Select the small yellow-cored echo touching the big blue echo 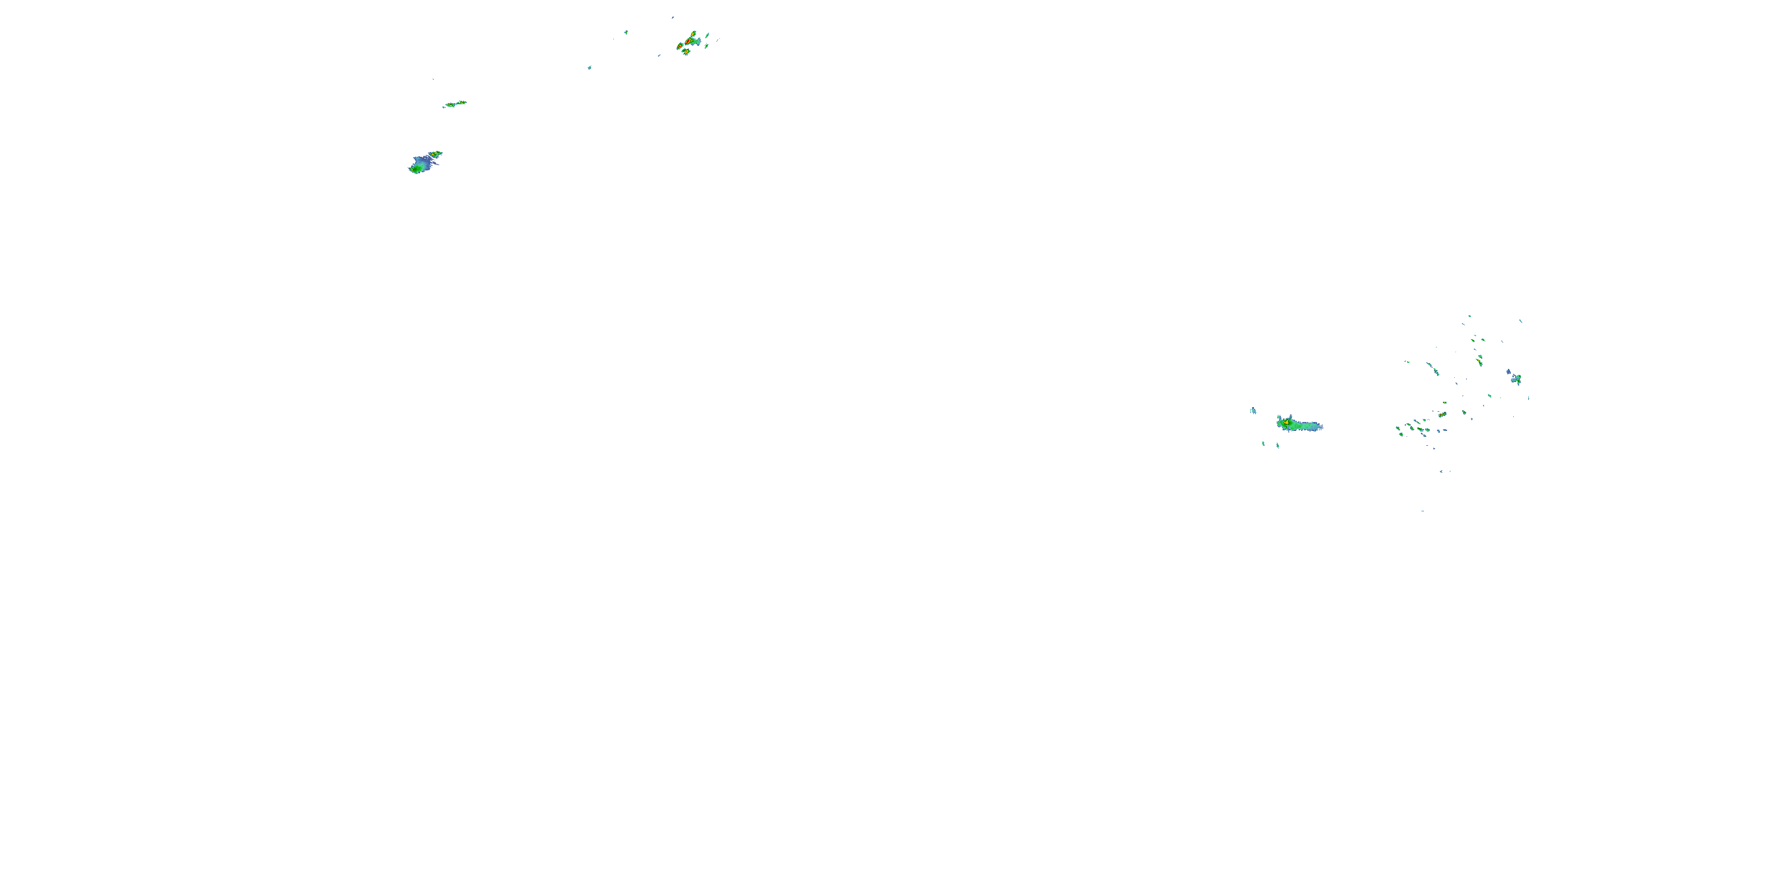[x=435, y=153]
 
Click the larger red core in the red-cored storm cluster [x=688, y=41]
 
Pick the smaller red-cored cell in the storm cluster [x=680, y=46]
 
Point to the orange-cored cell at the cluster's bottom [x=687, y=52]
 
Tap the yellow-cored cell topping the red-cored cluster [x=693, y=33]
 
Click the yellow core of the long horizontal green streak [x=1286, y=421]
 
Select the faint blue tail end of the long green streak [x=1318, y=427]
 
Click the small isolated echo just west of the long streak [x=1253, y=410]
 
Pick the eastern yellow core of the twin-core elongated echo [x=461, y=103]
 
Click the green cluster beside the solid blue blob [x=1517, y=379]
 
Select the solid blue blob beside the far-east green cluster [x=1509, y=372]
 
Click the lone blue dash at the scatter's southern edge [x=1422, y=511]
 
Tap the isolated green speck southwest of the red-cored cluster [x=589, y=67]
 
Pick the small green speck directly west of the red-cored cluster [x=626, y=32]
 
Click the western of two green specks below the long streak [x=1264, y=443]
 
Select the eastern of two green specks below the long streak [x=1278, y=445]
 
